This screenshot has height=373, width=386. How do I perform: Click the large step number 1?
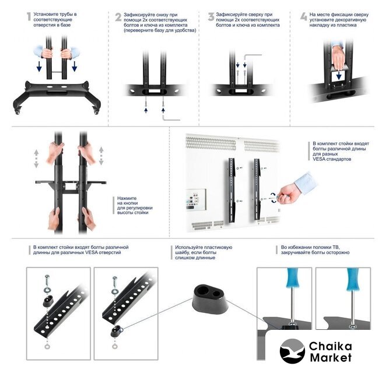(x=29, y=17)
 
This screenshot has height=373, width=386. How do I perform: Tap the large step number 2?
(x=118, y=17)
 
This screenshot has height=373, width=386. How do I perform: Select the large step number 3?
(x=211, y=17)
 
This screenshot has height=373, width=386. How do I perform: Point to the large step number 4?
(x=304, y=16)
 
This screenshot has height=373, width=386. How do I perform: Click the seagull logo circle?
(x=292, y=351)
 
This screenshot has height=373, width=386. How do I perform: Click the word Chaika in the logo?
(x=331, y=346)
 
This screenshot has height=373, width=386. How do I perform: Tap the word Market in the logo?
(x=331, y=357)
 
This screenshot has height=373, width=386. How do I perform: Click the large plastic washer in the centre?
(x=209, y=299)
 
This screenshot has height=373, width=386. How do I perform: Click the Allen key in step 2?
(x=171, y=118)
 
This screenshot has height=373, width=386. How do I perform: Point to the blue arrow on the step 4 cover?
(x=339, y=75)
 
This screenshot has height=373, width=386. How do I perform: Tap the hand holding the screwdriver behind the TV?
(x=289, y=195)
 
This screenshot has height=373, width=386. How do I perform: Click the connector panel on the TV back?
(x=196, y=199)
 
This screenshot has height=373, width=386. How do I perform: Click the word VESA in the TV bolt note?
(x=319, y=159)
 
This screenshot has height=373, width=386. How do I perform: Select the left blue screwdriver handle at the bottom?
(x=293, y=277)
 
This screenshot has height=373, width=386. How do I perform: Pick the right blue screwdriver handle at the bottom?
(x=353, y=279)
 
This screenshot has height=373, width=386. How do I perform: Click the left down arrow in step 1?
(x=39, y=66)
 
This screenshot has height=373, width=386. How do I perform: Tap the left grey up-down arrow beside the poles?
(x=36, y=159)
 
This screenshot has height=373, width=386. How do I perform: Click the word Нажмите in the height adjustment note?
(x=127, y=198)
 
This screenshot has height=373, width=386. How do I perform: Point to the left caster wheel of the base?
(x=17, y=111)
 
